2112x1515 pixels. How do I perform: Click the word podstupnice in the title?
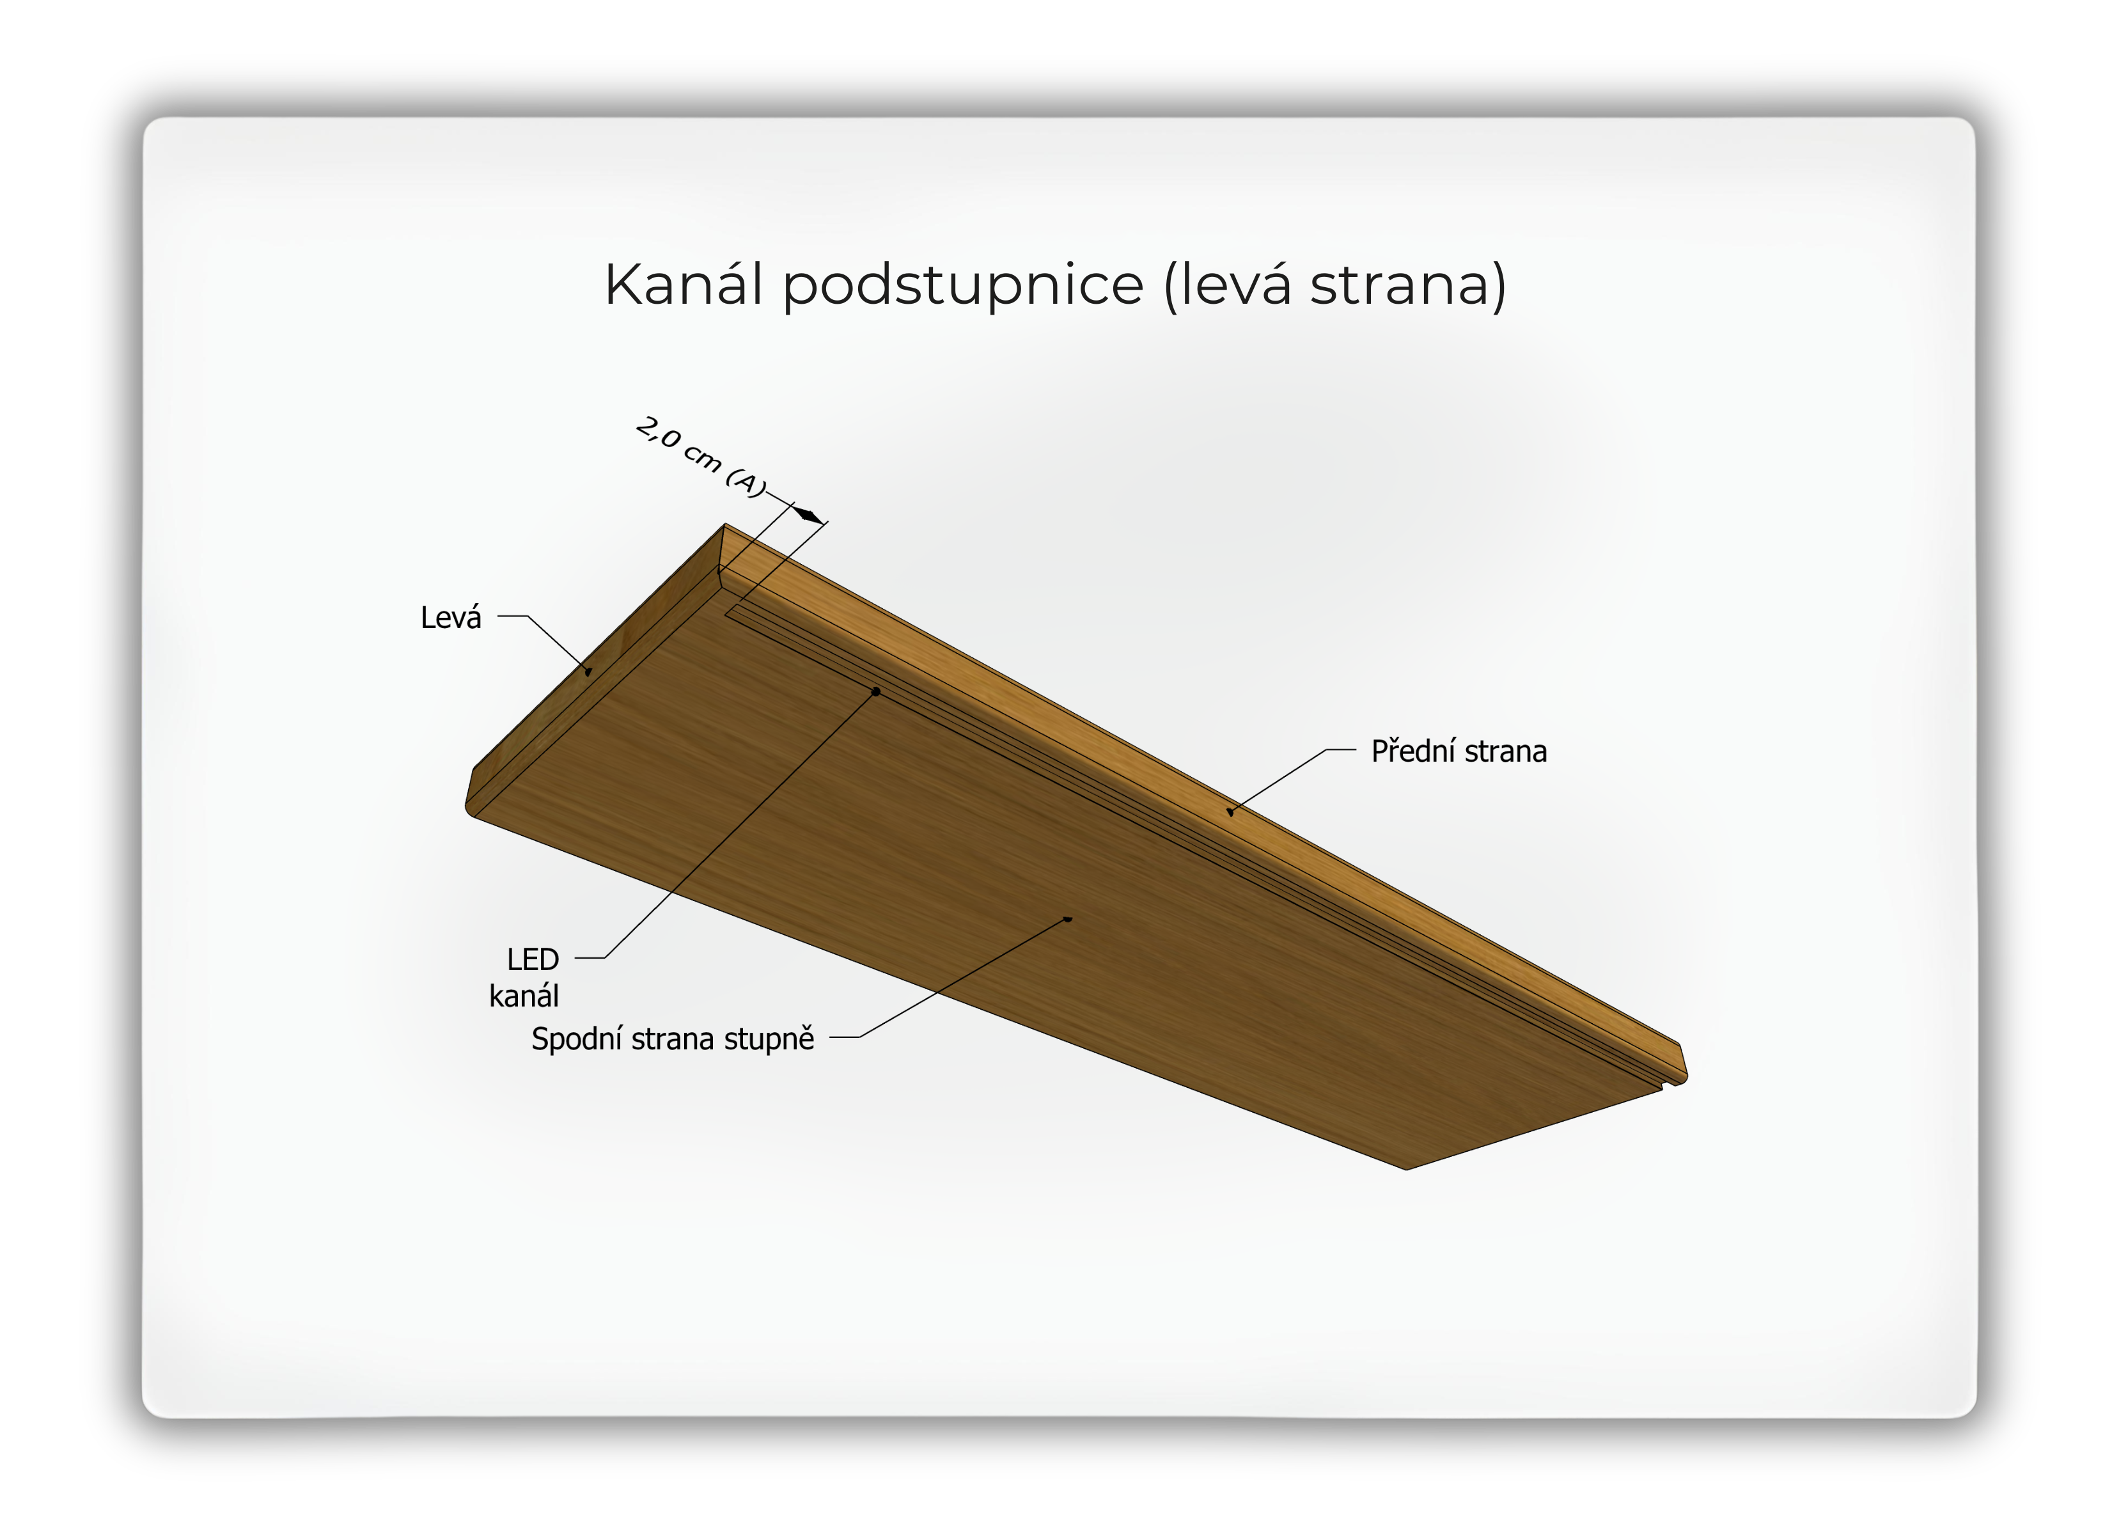pos(963,286)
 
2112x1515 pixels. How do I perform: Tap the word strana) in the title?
pos(1407,286)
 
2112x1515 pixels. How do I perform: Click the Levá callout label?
pos(451,617)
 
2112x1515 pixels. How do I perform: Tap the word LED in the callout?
pos(533,959)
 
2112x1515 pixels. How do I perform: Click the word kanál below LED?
pos(524,996)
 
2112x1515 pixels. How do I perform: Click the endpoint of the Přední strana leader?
pos(1230,812)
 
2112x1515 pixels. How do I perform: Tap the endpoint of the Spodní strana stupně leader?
pos(1069,919)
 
